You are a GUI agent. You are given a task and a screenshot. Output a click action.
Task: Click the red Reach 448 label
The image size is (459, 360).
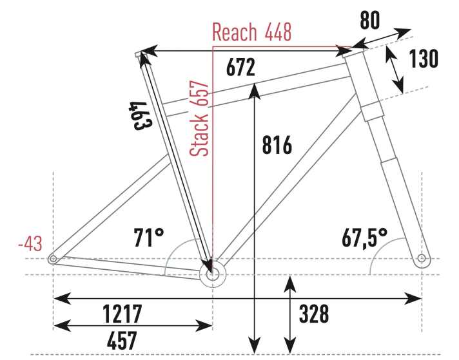[252, 32]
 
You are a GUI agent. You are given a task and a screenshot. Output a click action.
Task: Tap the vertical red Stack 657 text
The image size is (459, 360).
[199, 118]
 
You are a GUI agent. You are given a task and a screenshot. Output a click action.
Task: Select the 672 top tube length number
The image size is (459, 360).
[240, 67]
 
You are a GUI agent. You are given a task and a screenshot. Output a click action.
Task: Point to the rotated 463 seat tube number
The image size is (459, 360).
[141, 115]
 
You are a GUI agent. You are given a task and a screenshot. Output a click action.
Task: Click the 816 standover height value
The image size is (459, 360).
[277, 145]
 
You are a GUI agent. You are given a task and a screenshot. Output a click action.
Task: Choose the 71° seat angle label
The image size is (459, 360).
[149, 237]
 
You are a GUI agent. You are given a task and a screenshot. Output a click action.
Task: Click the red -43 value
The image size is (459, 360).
[30, 243]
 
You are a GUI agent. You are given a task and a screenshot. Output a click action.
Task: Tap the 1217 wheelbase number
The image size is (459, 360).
[122, 313]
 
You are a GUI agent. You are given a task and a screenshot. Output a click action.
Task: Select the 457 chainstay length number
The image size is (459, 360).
[122, 340]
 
